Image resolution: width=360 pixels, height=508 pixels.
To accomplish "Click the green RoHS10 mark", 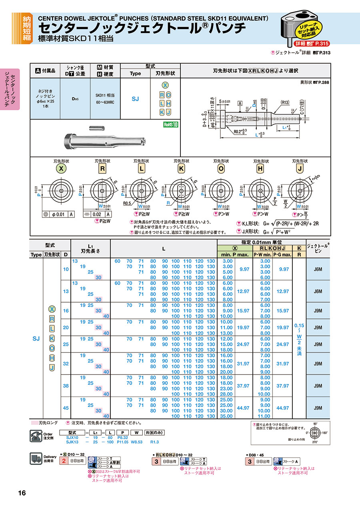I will [170, 124].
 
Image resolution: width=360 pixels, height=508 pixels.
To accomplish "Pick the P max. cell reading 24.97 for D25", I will [243, 344].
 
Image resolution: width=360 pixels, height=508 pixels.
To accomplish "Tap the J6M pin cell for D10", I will [318, 269].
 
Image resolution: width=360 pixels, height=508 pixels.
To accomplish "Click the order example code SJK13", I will [72, 442].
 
